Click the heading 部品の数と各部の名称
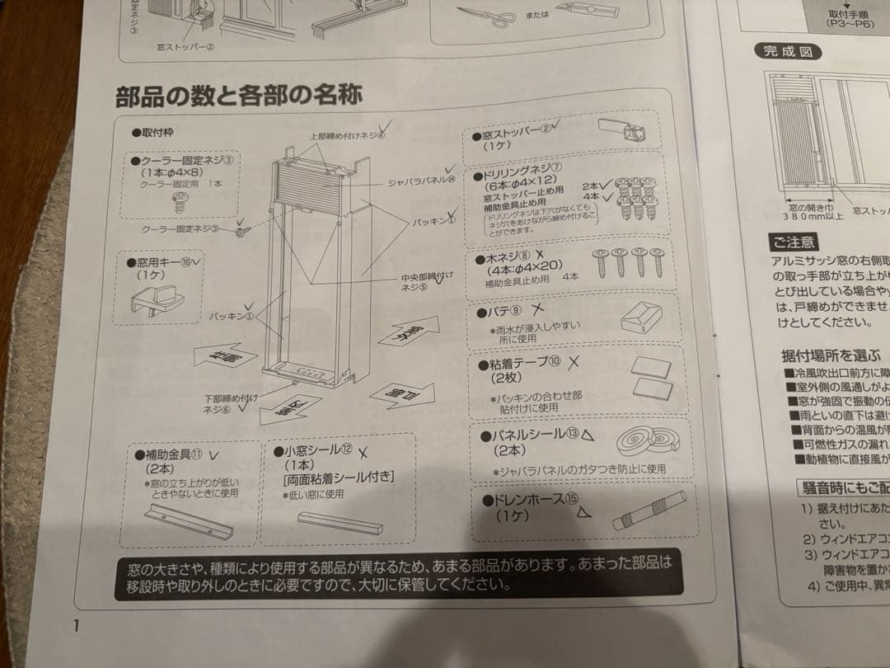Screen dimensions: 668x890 239,96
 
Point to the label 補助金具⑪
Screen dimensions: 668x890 168,454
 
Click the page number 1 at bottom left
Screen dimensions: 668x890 74,624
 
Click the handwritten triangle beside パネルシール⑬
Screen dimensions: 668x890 588,434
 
